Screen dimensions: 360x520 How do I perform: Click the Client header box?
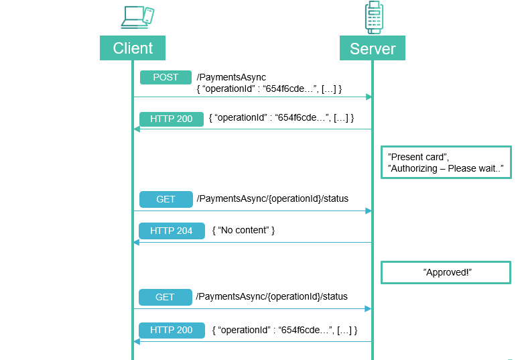[x=132, y=48]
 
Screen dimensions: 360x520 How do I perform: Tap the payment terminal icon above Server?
[x=374, y=17]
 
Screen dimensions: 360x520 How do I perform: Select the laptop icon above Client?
[x=131, y=17]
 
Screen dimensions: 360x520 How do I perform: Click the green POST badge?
[x=166, y=77]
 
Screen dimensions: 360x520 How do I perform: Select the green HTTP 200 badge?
[x=171, y=119]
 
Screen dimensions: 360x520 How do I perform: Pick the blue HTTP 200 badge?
[x=171, y=330]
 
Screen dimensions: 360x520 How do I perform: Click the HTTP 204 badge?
[x=171, y=231]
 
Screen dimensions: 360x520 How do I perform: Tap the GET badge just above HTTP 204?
[x=166, y=199]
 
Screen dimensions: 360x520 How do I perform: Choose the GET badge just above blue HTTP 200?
[x=166, y=297]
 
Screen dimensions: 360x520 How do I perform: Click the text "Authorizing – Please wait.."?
[x=445, y=168]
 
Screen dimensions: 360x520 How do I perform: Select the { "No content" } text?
[x=243, y=231]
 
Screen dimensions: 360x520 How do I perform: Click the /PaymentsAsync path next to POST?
[x=231, y=78]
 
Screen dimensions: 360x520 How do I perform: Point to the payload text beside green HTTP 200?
[x=281, y=118]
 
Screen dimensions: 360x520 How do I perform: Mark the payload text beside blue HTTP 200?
[x=284, y=330]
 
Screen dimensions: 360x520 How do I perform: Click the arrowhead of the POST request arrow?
[x=369, y=97]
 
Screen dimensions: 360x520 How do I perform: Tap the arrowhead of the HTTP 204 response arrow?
[x=136, y=243]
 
